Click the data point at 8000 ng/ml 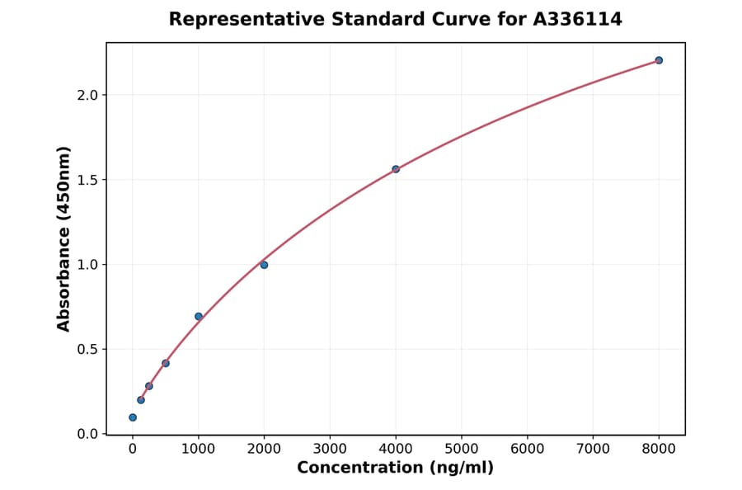(659, 60)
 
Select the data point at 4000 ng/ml (396, 169)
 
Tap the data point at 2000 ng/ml (264, 265)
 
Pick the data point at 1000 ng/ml (199, 316)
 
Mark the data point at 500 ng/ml (166, 363)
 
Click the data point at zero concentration (133, 417)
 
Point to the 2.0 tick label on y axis (87, 95)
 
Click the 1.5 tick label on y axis (87, 180)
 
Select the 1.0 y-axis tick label (87, 265)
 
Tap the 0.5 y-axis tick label (87, 350)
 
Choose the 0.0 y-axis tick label (87, 434)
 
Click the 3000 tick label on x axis (330, 449)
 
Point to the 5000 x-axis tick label (462, 449)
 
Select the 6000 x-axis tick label (527, 449)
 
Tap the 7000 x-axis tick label (593, 449)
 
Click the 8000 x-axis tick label (659, 449)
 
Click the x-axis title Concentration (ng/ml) (395, 468)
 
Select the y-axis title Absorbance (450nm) (64, 238)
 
